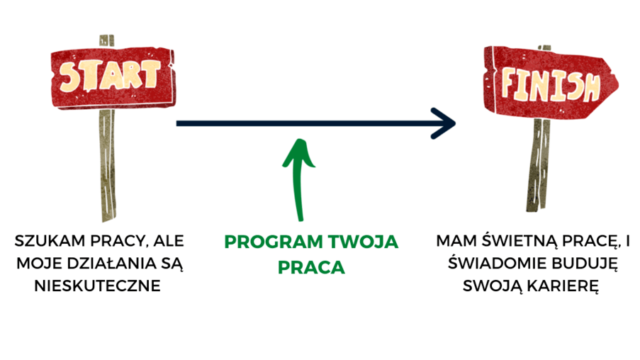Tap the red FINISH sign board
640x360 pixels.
[549, 84]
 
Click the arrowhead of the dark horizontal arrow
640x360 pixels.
[446, 123]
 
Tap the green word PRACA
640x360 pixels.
[311, 268]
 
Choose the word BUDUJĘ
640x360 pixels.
[581, 264]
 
